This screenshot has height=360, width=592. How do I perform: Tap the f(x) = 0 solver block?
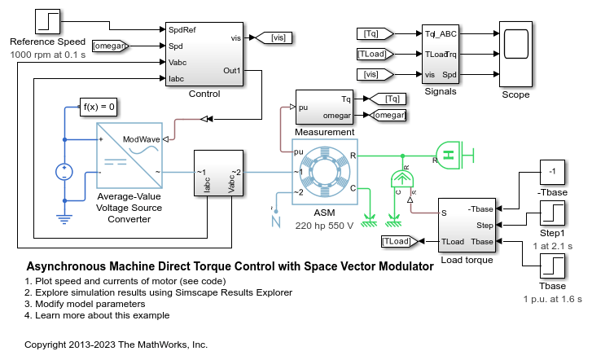pos(99,107)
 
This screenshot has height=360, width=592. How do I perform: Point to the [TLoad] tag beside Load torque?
pos(399,241)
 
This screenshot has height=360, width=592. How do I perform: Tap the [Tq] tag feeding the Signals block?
pos(375,33)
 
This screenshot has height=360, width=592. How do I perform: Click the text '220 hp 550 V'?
pos(324,226)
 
